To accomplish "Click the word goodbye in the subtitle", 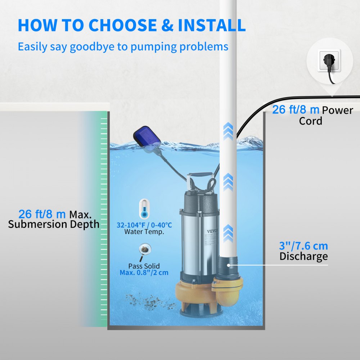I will point(94,47).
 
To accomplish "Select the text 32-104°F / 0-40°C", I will point(144,225).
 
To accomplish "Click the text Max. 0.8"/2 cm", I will point(144,273).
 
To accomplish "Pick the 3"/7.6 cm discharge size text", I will point(303,246).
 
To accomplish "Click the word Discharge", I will point(303,256).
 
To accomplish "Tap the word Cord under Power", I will point(310,121).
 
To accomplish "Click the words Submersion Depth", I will point(54,224).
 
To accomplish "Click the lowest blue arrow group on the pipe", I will point(228,233).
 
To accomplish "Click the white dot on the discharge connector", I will point(228,265).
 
